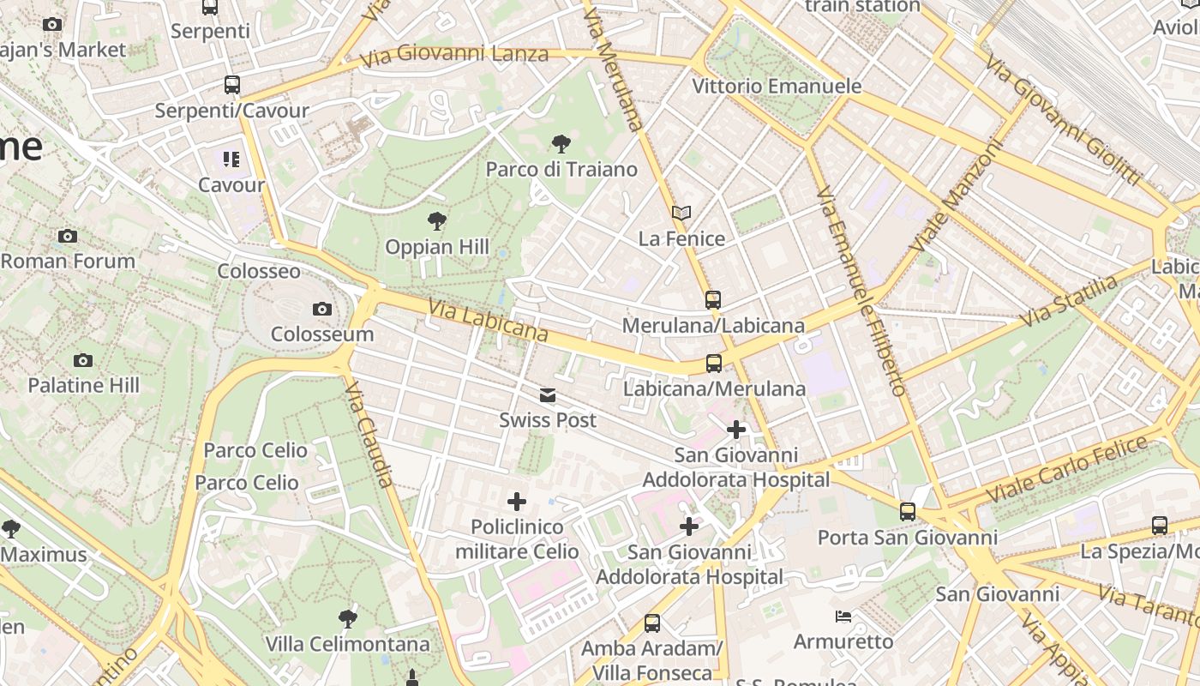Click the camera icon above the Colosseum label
pos(322,309)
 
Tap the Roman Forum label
pos(68,261)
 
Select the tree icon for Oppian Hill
pos(437,221)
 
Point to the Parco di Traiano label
pos(561,169)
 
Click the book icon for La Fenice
pos(681,213)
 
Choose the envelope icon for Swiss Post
pos(547,395)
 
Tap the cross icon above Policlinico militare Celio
pos(517,502)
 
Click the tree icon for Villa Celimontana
pos(347,618)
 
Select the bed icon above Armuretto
pos(843,616)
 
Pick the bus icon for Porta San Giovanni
pos(908,512)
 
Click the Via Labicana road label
pos(487,320)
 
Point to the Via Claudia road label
pos(370,436)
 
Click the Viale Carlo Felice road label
pos(1066,470)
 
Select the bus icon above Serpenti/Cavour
pos(231,85)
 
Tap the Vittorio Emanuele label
pos(777,87)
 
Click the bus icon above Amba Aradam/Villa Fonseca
pos(652,623)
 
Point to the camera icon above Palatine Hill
pos(83,360)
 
